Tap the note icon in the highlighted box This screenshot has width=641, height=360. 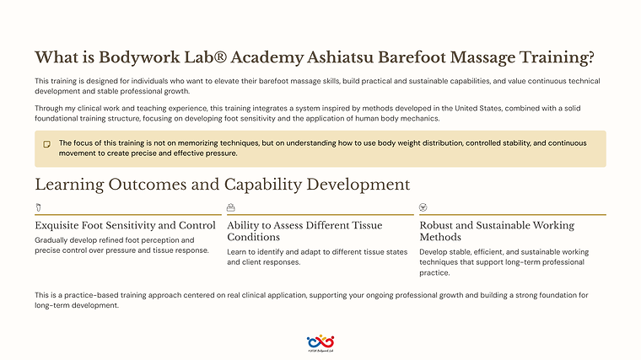click(x=47, y=144)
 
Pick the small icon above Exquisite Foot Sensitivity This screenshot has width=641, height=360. click(x=38, y=207)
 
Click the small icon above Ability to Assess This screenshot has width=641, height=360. click(x=231, y=207)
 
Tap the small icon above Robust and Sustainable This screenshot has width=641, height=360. click(x=423, y=207)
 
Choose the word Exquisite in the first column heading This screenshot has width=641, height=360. click(x=60, y=226)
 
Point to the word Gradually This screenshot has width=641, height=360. click(x=52, y=240)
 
